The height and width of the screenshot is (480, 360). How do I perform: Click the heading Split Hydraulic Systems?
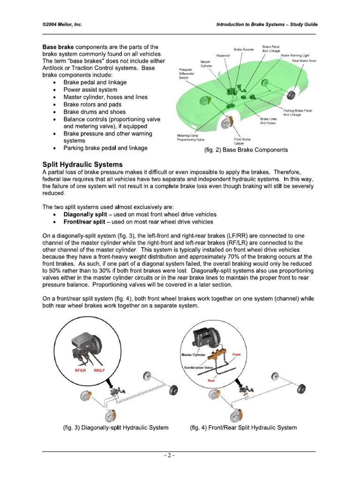click(82, 165)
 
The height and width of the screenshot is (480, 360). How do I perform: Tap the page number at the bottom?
click(180, 455)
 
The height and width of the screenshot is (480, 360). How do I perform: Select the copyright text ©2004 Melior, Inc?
click(62, 25)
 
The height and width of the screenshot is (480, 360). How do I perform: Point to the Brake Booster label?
click(244, 49)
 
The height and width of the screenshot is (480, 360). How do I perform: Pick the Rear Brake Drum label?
click(301, 60)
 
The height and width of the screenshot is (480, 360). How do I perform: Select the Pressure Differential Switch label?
click(187, 74)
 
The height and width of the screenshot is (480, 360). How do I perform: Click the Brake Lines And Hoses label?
click(268, 121)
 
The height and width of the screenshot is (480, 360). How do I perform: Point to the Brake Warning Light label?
click(295, 55)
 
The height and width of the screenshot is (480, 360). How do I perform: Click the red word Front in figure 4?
click(236, 354)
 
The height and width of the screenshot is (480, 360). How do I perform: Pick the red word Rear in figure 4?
click(211, 381)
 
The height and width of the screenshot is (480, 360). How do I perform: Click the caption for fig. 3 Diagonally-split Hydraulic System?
click(116, 427)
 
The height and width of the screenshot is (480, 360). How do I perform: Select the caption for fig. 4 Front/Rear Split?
click(243, 427)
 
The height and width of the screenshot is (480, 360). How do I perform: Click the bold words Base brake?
click(58, 47)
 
